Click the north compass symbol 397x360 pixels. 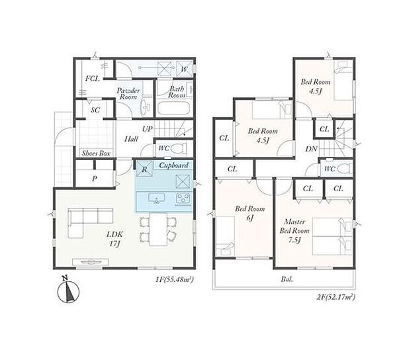click(68, 291)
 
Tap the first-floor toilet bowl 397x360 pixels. click(178, 148)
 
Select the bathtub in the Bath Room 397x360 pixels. click(173, 109)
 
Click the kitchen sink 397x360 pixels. click(156, 198)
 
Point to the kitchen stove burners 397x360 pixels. click(183, 199)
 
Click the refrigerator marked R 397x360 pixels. click(144, 169)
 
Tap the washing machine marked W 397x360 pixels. click(185, 68)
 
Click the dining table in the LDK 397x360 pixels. click(158, 229)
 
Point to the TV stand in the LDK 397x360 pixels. click(91, 262)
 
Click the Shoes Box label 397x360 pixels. click(96, 154)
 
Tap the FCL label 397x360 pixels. click(92, 79)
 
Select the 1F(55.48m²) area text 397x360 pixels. click(175, 280)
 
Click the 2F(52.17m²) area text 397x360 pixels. click(336, 296)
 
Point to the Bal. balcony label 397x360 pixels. click(287, 279)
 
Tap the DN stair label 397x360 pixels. click(311, 149)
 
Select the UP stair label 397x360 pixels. click(148, 129)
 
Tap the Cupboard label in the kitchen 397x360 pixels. click(173, 165)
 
